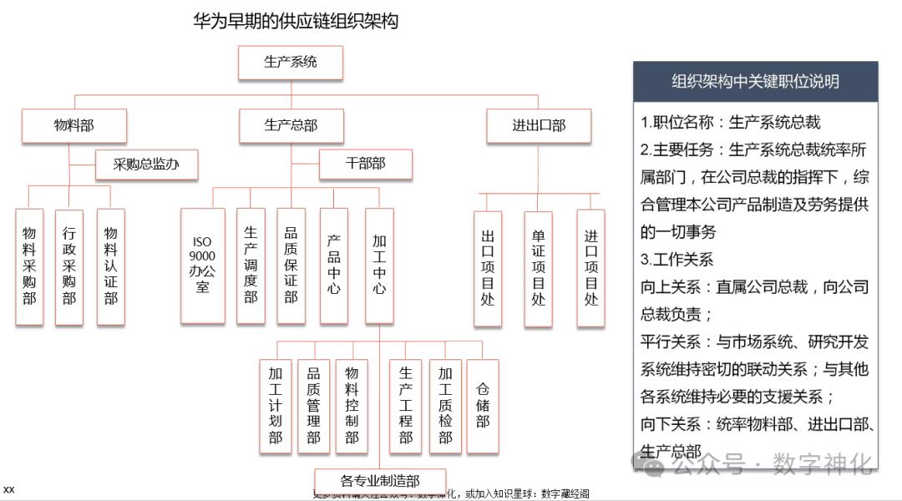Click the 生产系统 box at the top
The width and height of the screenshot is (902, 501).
[x=291, y=63]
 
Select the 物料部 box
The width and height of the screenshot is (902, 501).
[x=74, y=126]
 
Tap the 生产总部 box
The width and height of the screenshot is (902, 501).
[x=291, y=126]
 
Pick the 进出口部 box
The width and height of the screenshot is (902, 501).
[x=539, y=126]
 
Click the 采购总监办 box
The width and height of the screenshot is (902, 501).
[x=147, y=164]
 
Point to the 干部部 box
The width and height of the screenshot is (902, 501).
[x=366, y=164]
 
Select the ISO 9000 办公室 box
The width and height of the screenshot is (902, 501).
[x=203, y=266]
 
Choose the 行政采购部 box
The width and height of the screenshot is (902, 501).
[x=69, y=266]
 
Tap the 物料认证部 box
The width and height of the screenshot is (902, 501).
[x=110, y=266]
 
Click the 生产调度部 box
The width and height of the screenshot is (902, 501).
[x=251, y=266]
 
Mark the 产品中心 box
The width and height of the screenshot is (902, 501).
[x=334, y=266]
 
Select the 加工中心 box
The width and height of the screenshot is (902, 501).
[x=379, y=266]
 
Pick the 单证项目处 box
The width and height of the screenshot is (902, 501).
[x=539, y=269]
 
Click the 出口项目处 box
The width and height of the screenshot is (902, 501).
[x=488, y=269]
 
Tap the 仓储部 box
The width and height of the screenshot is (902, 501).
[x=483, y=407]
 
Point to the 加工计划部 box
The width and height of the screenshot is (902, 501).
[x=276, y=407]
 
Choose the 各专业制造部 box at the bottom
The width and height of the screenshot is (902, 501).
[x=380, y=481]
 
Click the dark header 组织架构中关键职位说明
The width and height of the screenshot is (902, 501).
[x=755, y=82]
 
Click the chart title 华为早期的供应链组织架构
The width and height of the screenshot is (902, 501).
[x=296, y=21]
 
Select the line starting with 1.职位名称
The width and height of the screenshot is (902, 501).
[x=731, y=123]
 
